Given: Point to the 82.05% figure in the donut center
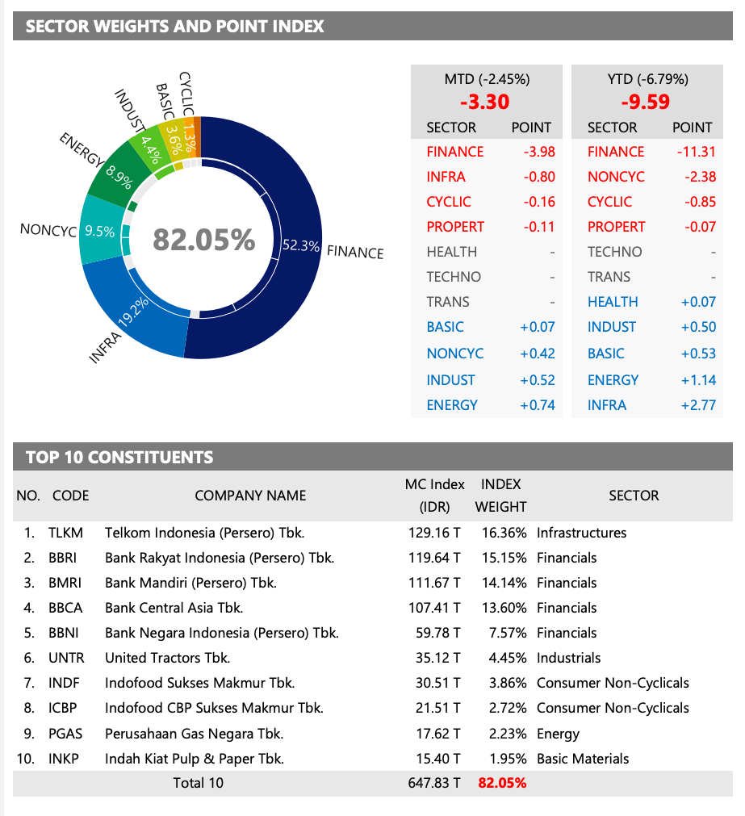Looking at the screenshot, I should click(x=203, y=240).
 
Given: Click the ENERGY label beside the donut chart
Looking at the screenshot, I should click(x=82, y=151).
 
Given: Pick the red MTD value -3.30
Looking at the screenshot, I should click(x=484, y=103).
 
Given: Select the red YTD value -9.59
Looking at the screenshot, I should click(x=645, y=103).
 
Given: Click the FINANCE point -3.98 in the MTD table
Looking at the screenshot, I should click(x=534, y=152).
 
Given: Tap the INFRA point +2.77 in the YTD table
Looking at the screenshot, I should click(x=697, y=405).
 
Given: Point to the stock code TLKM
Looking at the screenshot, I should click(x=65, y=533).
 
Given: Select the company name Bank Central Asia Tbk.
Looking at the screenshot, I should click(x=174, y=608).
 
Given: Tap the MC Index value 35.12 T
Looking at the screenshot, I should click(x=437, y=658).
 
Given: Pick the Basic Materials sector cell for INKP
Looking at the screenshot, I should click(x=583, y=759).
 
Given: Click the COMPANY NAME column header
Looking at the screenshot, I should click(x=250, y=496).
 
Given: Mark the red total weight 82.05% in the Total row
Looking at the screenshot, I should click(x=502, y=783).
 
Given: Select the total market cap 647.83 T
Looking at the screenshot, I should click(x=434, y=783).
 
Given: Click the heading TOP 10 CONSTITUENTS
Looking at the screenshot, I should click(x=119, y=458).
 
